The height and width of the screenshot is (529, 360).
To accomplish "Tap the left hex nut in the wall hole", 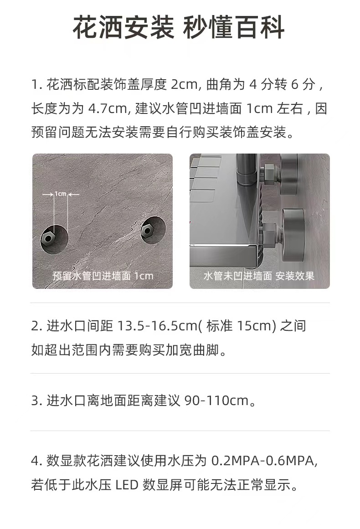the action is (x=48, y=238).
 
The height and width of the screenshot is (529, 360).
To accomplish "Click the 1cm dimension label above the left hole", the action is (x=61, y=194).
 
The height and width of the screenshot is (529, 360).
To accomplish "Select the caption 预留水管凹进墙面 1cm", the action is (x=103, y=276).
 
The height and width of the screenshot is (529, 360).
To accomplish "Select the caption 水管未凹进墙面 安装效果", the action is (x=259, y=276).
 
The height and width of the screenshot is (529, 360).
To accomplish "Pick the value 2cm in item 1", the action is (x=184, y=84).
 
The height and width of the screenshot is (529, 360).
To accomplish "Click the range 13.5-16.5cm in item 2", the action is (x=158, y=326).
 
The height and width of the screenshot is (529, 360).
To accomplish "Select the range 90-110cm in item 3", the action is (x=216, y=401).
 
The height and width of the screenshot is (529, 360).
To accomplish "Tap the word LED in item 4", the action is (x=127, y=485).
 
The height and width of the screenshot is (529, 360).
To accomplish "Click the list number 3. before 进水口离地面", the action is (x=36, y=401).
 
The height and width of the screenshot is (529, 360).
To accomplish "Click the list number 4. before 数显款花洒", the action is (x=36, y=461).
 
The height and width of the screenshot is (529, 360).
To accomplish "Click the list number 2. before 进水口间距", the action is (x=36, y=326).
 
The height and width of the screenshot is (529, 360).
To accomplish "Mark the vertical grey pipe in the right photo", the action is (x=247, y=169).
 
